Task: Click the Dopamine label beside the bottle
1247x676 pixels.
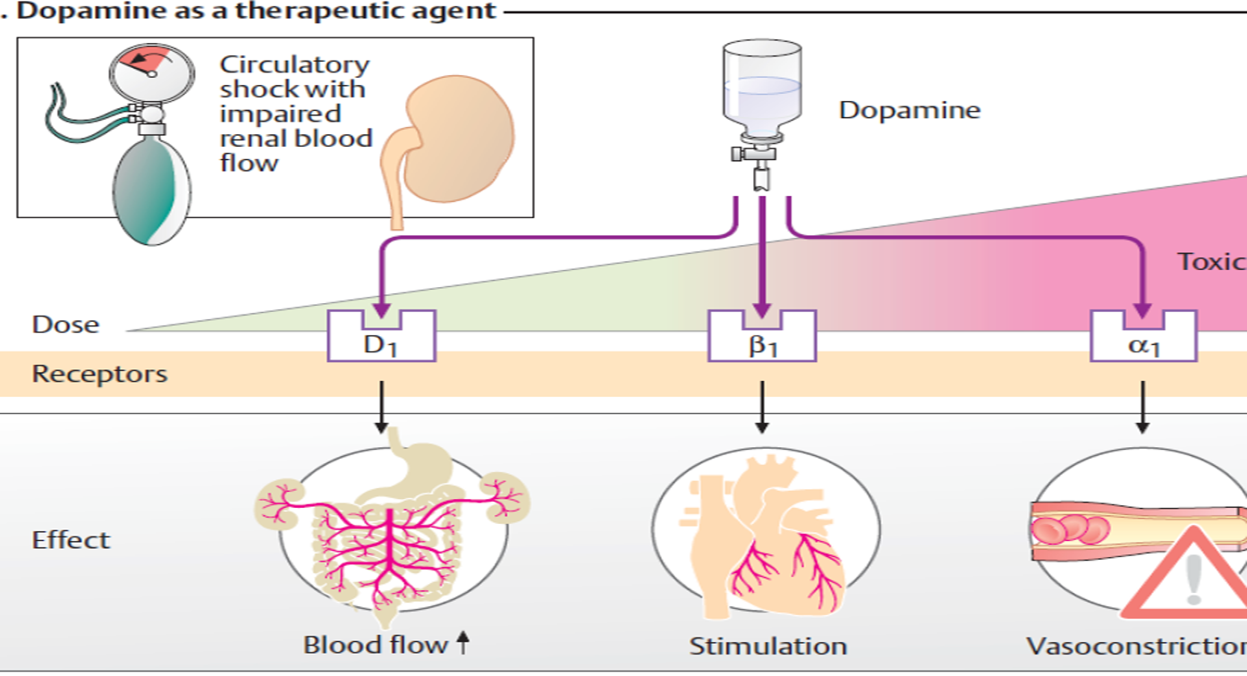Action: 909,111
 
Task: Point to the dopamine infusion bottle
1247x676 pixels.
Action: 760,89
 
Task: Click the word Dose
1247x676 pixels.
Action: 65,325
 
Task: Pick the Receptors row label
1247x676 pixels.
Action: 99,373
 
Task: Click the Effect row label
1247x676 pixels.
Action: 72,540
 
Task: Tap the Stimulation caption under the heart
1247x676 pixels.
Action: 768,646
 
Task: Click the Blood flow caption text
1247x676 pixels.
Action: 375,645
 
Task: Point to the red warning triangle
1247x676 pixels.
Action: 1185,578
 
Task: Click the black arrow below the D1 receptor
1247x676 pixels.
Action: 382,407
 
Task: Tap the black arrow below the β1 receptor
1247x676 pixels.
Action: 761,407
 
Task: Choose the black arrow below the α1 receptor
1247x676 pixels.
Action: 1142,407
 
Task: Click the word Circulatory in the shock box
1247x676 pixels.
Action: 294,65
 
